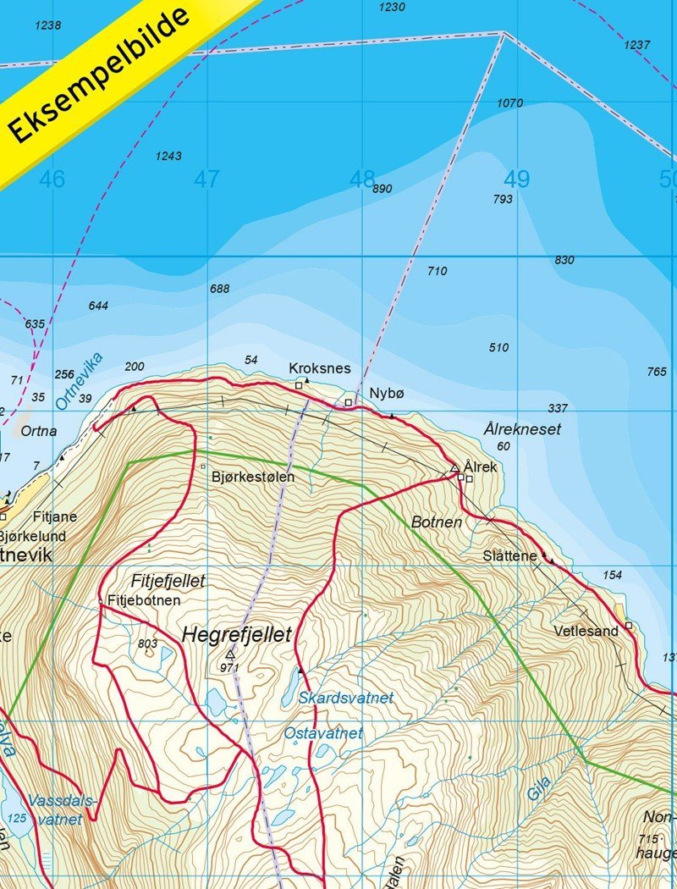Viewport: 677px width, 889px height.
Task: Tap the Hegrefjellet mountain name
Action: coord(236,634)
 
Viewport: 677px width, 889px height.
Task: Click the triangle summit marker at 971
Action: coord(230,654)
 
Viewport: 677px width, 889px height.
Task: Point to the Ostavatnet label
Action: coord(323,733)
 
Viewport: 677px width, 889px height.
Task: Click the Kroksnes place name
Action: coord(319,368)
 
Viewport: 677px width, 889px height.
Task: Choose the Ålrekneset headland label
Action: coord(522,429)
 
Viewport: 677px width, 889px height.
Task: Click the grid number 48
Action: coord(361,179)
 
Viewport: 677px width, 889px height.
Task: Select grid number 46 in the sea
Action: coord(52,179)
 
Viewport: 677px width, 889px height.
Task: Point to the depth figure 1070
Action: coord(509,103)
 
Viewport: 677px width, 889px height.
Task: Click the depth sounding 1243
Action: coord(168,156)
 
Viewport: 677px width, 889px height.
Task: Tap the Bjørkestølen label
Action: coord(253,477)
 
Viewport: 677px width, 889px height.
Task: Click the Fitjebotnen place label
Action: coord(144,600)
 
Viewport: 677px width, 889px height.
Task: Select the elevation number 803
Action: coord(147,643)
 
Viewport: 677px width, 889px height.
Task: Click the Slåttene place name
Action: coord(509,556)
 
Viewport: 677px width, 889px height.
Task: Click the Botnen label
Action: coord(437,522)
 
